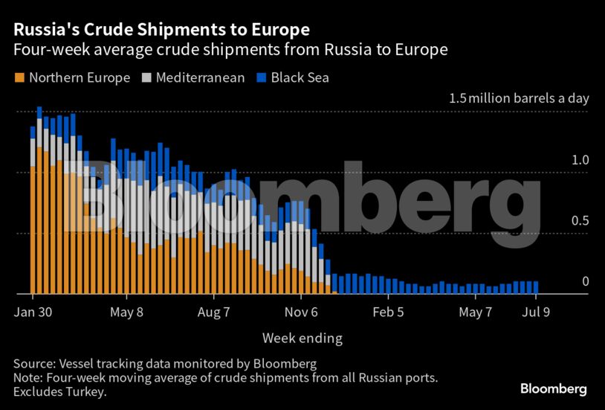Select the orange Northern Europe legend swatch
[x=19, y=77]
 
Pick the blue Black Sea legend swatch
[x=261, y=77]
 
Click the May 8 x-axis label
[x=126, y=313]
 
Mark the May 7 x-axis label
[x=476, y=313]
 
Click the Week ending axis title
[x=302, y=339]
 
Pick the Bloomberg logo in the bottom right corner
[x=553, y=388]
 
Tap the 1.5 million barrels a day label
[x=518, y=99]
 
